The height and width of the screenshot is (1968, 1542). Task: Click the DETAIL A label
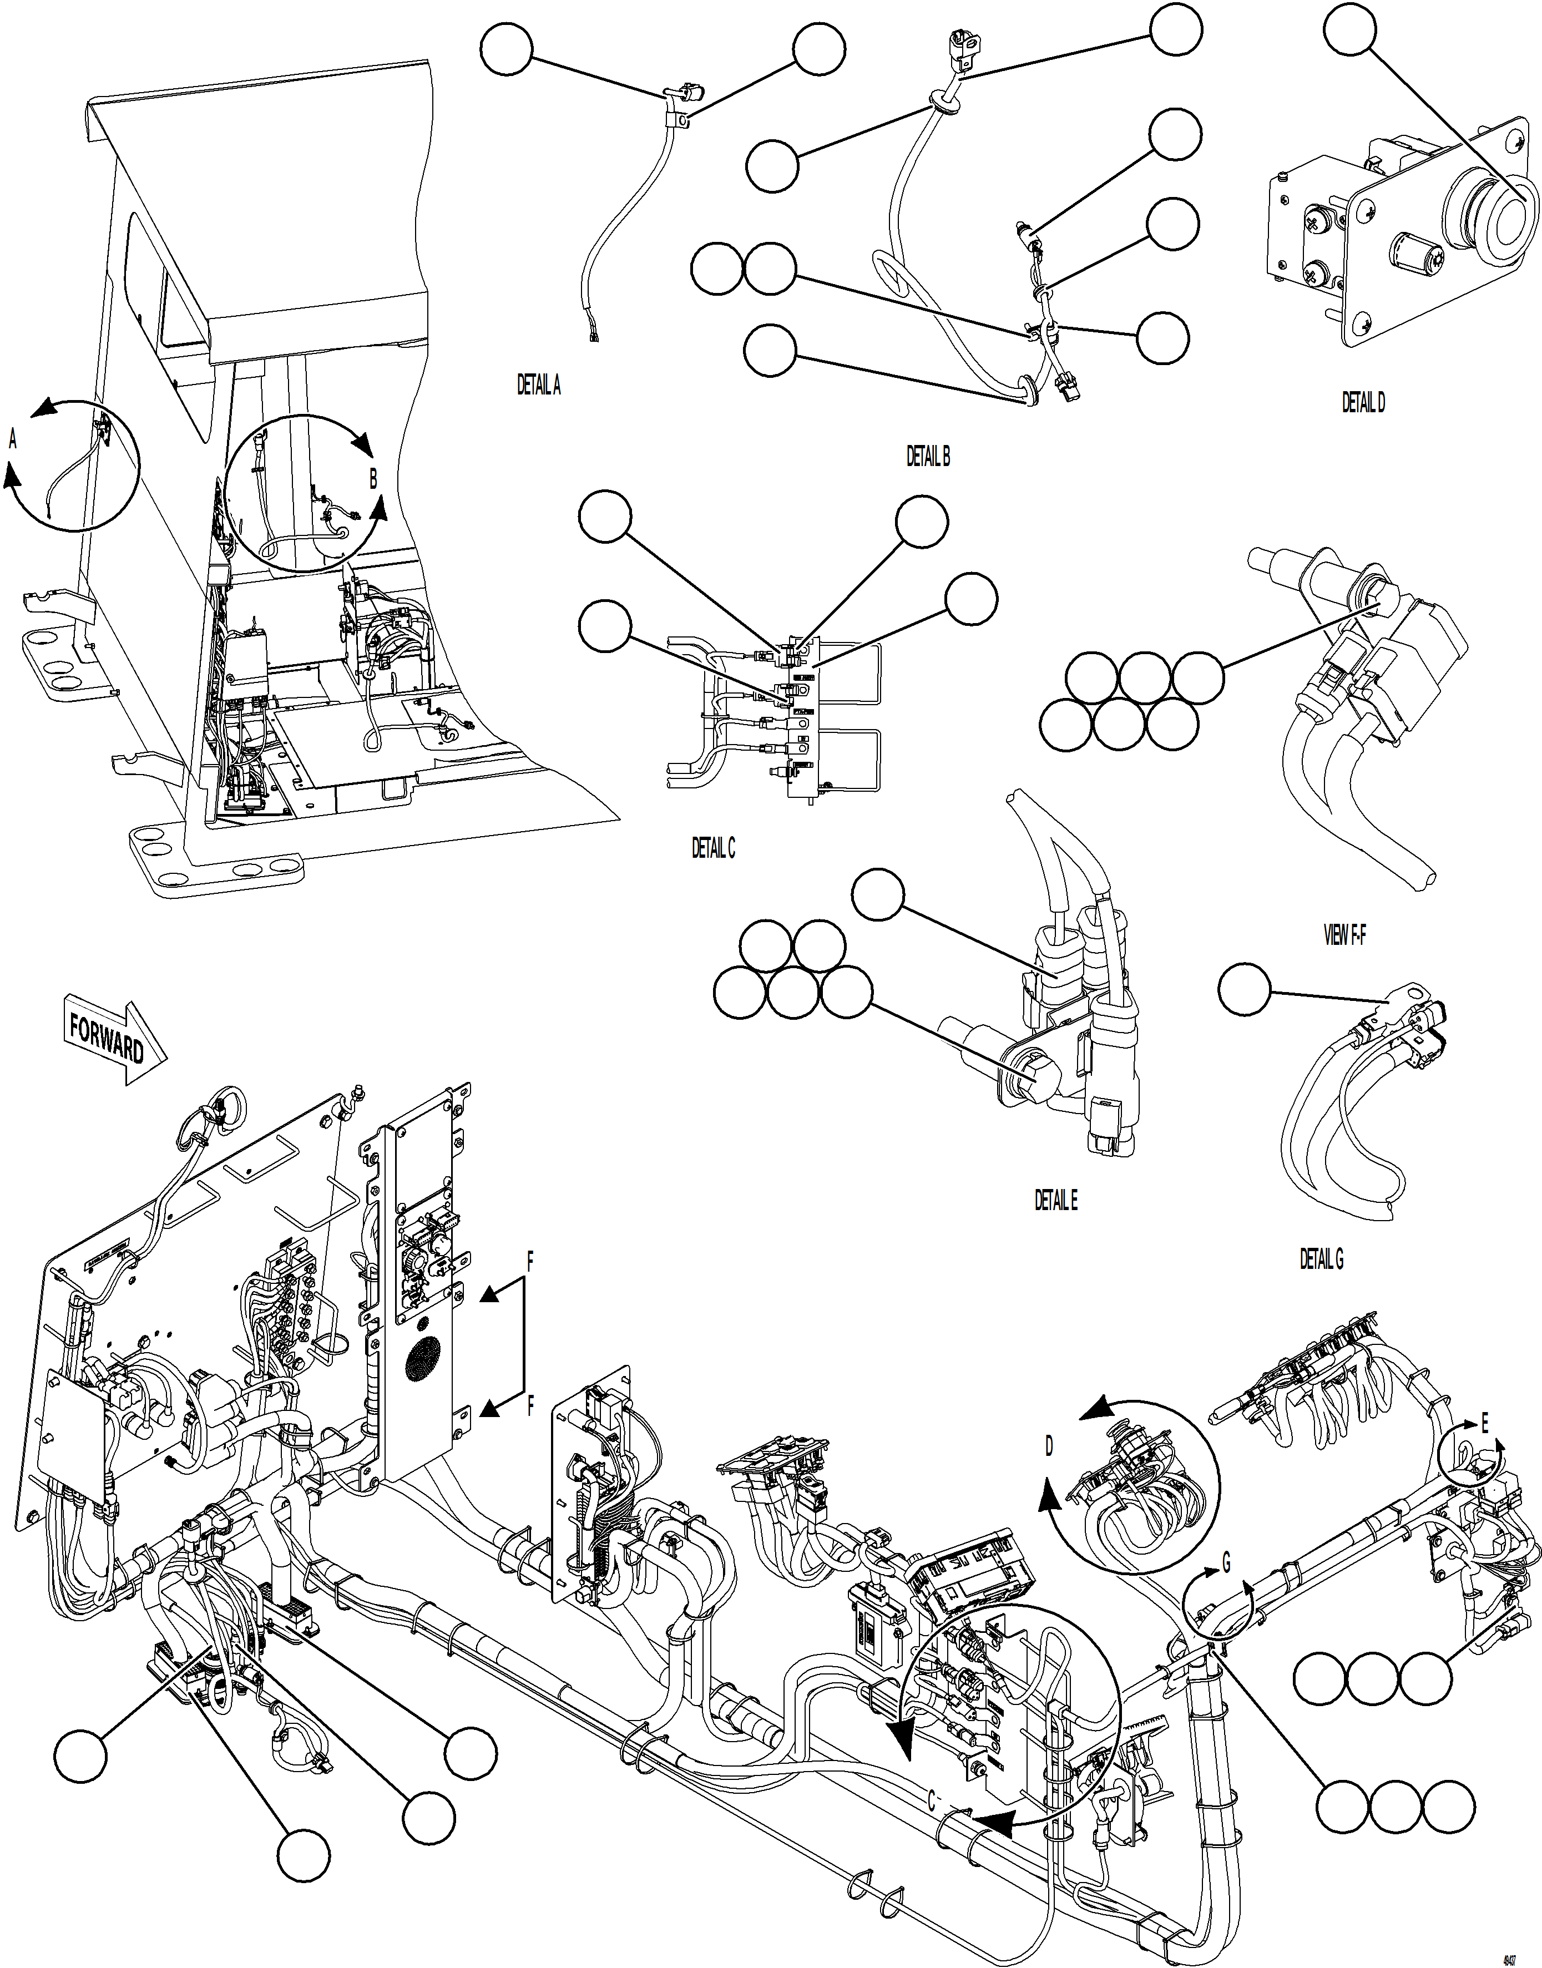tap(538, 386)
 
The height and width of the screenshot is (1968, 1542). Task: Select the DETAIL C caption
tap(713, 848)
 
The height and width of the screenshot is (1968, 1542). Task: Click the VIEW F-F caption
tap(1344, 936)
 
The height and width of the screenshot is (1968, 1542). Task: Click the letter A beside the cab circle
tap(13, 439)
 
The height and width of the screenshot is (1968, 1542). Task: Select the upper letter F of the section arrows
tap(531, 1263)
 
